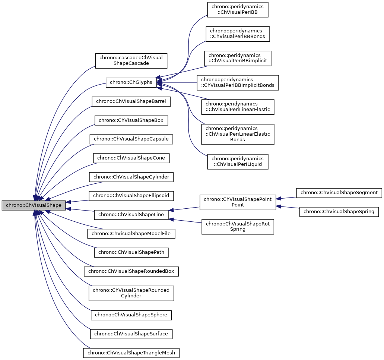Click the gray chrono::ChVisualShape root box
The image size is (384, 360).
click(34, 205)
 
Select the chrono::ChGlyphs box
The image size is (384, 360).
click(131, 82)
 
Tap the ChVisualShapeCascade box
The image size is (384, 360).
click(131, 60)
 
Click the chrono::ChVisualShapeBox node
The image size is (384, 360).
click(131, 120)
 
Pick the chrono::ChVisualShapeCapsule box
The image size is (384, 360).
click(131, 139)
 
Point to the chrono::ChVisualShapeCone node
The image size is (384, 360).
click(131, 158)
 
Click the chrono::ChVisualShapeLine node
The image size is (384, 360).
click(131, 215)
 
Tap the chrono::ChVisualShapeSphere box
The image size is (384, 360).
click(131, 315)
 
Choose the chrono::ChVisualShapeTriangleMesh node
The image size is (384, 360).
click(131, 353)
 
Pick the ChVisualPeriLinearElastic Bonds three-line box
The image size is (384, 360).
click(238, 134)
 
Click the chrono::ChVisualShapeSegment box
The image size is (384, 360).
click(339, 193)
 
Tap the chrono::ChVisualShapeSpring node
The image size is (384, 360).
click(339, 212)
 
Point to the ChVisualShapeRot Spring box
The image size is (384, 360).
click(238, 227)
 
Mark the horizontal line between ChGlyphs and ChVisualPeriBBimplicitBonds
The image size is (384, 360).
click(179, 82)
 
